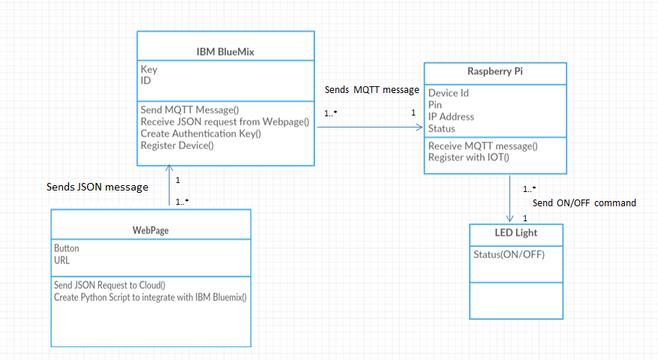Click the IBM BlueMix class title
pos(226,52)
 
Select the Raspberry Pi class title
pos(489,73)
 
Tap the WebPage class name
pos(150,230)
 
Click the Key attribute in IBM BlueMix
pos(149,70)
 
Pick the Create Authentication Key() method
pos(200,133)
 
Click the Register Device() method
pos(177,145)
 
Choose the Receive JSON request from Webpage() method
pos(225,121)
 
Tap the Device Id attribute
pos(449,93)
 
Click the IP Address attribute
pos(451,117)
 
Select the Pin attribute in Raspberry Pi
pos(435,105)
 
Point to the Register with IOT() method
pos(468,157)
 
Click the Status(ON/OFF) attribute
pos(509,254)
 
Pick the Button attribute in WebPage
pos(67,248)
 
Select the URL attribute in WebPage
pos(63,259)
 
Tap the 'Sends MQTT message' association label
pos(371,90)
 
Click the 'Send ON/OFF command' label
pos(584,202)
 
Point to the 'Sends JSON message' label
pos(97,187)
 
